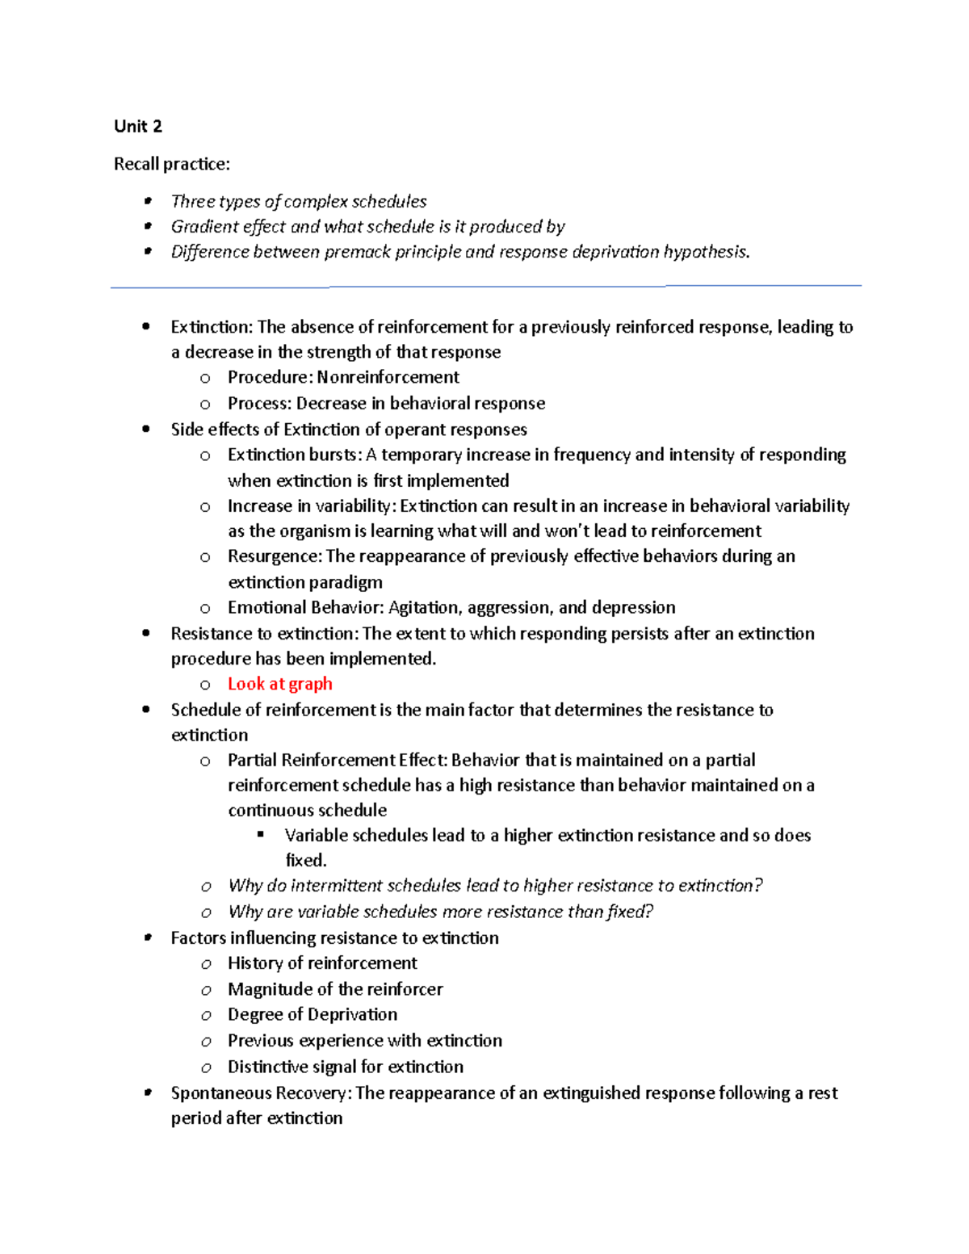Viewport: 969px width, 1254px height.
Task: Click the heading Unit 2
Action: (x=138, y=126)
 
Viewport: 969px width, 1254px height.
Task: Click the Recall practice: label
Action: (x=171, y=164)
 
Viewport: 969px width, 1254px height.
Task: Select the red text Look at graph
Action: (x=279, y=684)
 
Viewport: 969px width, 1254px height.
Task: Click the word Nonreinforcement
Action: (x=388, y=377)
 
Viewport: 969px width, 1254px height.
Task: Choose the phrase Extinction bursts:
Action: (x=294, y=455)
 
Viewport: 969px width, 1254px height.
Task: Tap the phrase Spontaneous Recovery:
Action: (x=261, y=1093)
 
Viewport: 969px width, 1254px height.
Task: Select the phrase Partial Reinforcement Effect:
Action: (x=337, y=760)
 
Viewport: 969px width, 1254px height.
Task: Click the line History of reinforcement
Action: (x=322, y=963)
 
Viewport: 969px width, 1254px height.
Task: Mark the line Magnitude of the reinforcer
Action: (x=335, y=989)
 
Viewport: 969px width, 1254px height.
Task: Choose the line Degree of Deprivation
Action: (x=313, y=1014)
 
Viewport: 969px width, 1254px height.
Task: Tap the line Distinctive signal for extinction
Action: (x=346, y=1067)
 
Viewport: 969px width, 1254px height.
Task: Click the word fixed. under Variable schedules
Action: (x=306, y=860)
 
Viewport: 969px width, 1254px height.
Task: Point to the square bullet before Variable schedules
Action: (x=261, y=834)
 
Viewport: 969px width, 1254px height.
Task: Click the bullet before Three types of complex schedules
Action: (x=147, y=201)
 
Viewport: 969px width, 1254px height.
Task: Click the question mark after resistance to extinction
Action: (x=757, y=886)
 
